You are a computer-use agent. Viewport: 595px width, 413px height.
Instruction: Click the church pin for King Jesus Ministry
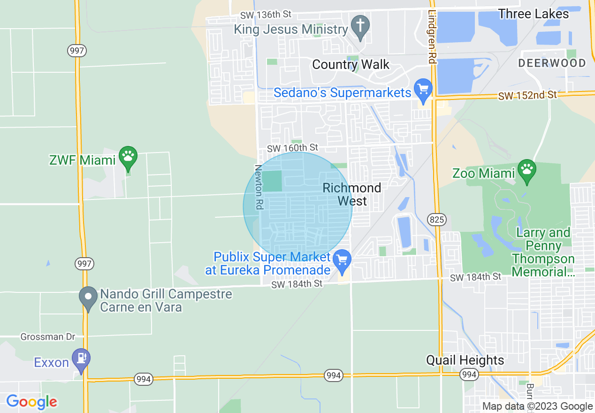click(x=360, y=26)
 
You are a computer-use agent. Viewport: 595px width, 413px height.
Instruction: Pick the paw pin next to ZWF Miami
click(x=128, y=157)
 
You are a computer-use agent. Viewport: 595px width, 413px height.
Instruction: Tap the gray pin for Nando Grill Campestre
click(x=88, y=298)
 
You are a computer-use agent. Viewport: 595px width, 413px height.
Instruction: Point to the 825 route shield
click(x=436, y=219)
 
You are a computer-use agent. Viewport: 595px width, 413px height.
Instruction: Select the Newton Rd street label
click(x=258, y=187)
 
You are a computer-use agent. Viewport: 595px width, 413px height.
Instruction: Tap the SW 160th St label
click(x=292, y=148)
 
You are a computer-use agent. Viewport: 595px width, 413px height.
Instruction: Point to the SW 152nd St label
click(x=527, y=95)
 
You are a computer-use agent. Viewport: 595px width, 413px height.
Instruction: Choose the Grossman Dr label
click(x=48, y=337)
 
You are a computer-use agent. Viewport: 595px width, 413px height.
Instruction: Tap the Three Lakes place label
click(x=534, y=14)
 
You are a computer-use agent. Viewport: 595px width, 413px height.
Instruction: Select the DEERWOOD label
click(x=552, y=63)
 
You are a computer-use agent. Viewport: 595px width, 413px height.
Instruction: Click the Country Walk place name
click(x=351, y=64)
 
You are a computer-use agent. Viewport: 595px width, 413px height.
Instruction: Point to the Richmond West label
click(x=352, y=194)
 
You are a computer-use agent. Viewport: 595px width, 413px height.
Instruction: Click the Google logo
click(x=31, y=402)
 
